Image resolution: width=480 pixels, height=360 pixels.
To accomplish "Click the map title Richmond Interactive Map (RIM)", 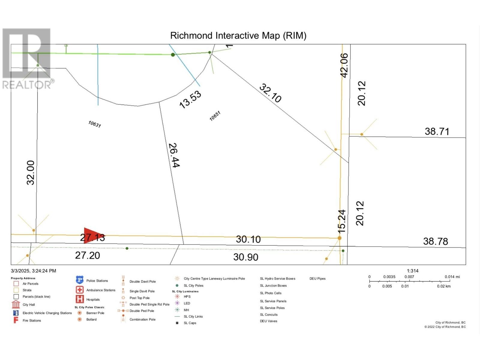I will point(238,35).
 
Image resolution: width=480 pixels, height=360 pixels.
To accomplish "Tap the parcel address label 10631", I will point(94,124).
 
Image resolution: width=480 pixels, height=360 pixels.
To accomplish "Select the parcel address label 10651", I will point(215,116).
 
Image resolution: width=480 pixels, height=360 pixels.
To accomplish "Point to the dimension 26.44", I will point(174,155).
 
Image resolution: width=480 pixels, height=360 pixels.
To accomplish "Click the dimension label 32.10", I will point(270,93).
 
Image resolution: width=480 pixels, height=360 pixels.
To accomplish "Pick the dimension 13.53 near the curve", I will point(190,99).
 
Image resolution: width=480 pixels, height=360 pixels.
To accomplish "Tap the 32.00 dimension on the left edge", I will point(31,172).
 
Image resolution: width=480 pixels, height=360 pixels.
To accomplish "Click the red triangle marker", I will point(91,234).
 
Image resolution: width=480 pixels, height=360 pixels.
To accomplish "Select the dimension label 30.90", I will point(246,257).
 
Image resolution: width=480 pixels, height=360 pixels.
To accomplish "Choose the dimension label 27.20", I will point(87,255).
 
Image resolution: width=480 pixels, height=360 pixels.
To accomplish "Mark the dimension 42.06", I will point(344,65).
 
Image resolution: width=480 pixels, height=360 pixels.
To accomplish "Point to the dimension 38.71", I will point(437,131).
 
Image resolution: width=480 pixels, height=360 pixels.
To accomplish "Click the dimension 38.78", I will point(435,241).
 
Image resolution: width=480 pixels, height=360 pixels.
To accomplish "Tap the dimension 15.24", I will point(342,221).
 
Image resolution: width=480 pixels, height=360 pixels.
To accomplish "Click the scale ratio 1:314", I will point(412,271).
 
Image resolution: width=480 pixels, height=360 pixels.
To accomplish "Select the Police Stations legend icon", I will point(79,280).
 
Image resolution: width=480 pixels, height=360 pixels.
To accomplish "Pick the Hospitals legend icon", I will point(79,299).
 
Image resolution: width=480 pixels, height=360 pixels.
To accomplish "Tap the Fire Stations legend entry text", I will point(32,320).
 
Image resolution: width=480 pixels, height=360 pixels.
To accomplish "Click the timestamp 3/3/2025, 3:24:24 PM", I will point(34,271).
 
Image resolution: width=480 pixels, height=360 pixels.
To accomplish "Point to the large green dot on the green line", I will point(173,55).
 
